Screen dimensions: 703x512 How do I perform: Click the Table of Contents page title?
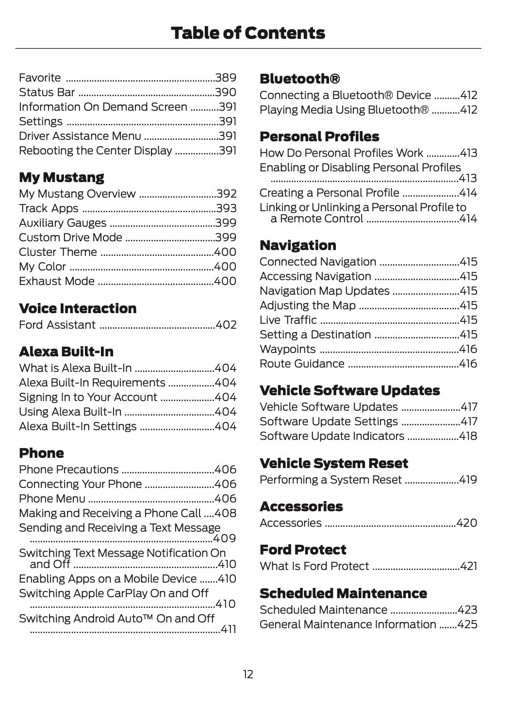pos(248,33)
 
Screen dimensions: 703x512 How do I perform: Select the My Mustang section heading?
pos(61,177)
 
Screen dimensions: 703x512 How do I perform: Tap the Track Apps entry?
pos(49,208)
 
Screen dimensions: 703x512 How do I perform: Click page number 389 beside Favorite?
pos(226,78)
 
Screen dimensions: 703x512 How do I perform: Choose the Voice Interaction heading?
pos(78,308)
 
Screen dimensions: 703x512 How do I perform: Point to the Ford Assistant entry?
pos(57,325)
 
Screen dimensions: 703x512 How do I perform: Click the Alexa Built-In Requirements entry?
pos(92,383)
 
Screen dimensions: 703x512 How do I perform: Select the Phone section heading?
pos(41,453)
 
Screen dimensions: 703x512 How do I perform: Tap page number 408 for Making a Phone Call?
pos(226,513)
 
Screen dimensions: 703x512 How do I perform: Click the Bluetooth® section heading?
pos(299,79)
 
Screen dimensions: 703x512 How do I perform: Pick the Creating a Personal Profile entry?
pos(329,193)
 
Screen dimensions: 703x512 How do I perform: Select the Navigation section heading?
pos(297,245)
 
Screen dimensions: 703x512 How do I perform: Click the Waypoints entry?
pos(287,349)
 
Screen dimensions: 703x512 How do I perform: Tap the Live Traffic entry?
pos(288,320)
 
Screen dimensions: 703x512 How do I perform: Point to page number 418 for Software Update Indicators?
pos(468,436)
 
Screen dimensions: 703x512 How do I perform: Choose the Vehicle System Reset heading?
pos(333,463)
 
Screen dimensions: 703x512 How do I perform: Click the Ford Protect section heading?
pos(303,550)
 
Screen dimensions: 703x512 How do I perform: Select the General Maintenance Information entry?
pos(347,624)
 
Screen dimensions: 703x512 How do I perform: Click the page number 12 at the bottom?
pos(248,674)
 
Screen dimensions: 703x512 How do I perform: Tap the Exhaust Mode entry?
pos(57,281)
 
